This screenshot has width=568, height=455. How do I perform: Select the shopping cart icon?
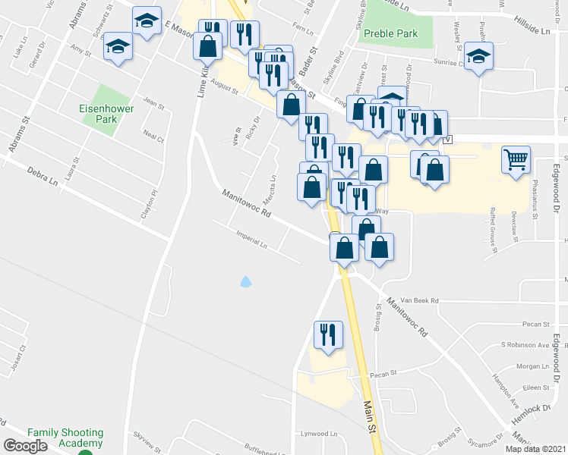tap(516, 160)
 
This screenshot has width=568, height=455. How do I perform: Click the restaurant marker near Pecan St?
tap(328, 334)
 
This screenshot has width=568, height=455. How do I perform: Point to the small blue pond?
tap(246, 283)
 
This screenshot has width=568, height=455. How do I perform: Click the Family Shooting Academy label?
tap(65, 438)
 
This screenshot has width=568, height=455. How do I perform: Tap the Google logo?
tap(25, 446)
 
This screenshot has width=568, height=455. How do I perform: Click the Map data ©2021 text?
tap(536, 449)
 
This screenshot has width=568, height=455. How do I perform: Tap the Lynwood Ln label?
tap(319, 434)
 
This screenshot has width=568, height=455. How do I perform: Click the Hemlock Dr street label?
tap(535, 408)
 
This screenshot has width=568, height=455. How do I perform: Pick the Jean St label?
tap(153, 103)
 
